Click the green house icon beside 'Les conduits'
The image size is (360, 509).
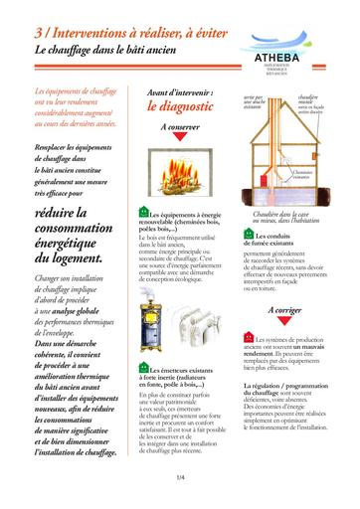(x=248, y=236)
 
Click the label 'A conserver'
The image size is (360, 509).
(x=178, y=129)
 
